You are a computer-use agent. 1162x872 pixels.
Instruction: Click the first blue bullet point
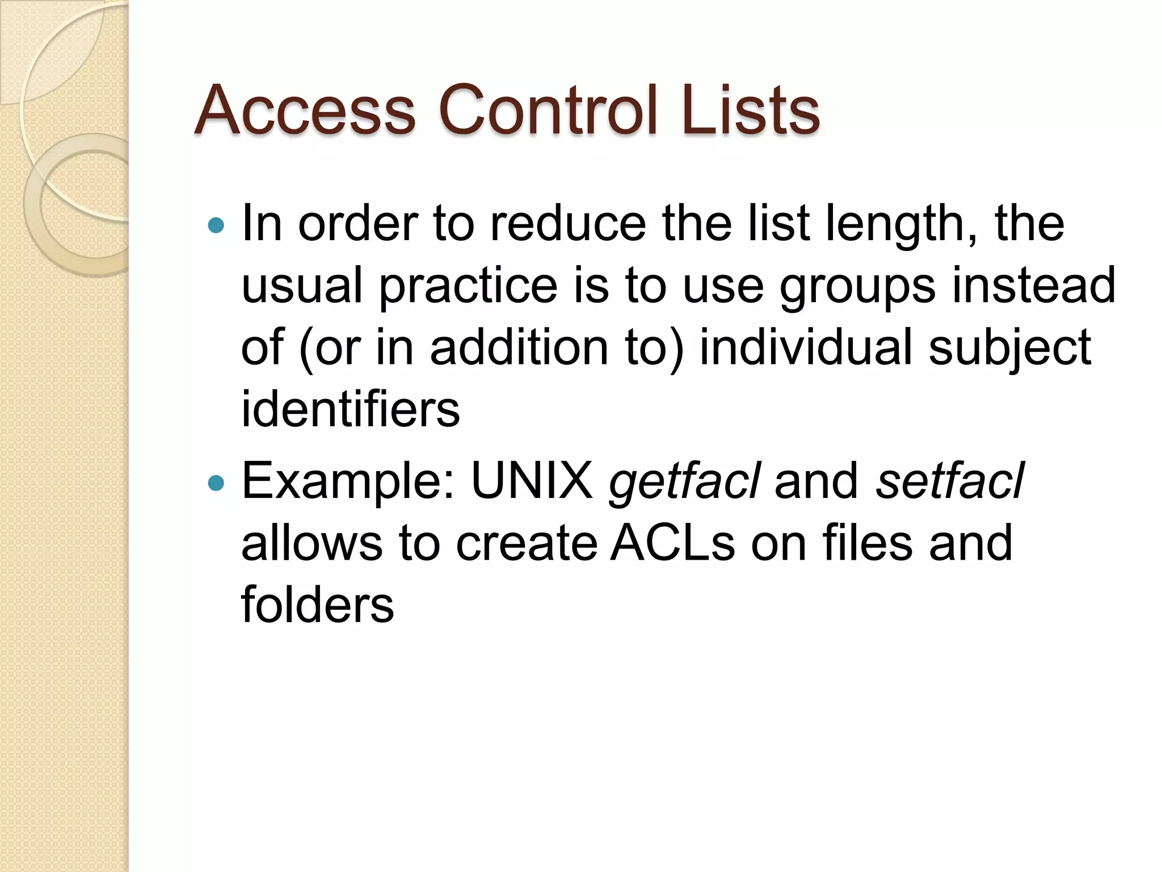pyautogui.click(x=216, y=225)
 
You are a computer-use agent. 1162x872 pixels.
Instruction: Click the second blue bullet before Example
pyautogui.click(x=216, y=483)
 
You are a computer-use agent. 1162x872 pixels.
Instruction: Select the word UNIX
pyautogui.click(x=532, y=481)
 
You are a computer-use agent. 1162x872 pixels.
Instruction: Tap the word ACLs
pyautogui.click(x=672, y=543)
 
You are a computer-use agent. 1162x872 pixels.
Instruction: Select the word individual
pyautogui.click(x=806, y=347)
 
